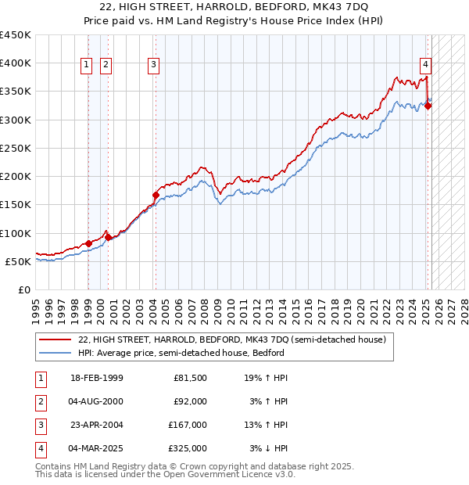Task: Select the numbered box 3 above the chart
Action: [x=154, y=65]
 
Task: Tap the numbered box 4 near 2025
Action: [x=425, y=65]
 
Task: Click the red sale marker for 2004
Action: [x=156, y=196]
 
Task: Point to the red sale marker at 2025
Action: [x=428, y=106]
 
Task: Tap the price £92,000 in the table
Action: [x=190, y=401]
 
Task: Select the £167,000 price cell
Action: [x=188, y=425]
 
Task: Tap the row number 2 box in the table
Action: [x=39, y=401]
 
